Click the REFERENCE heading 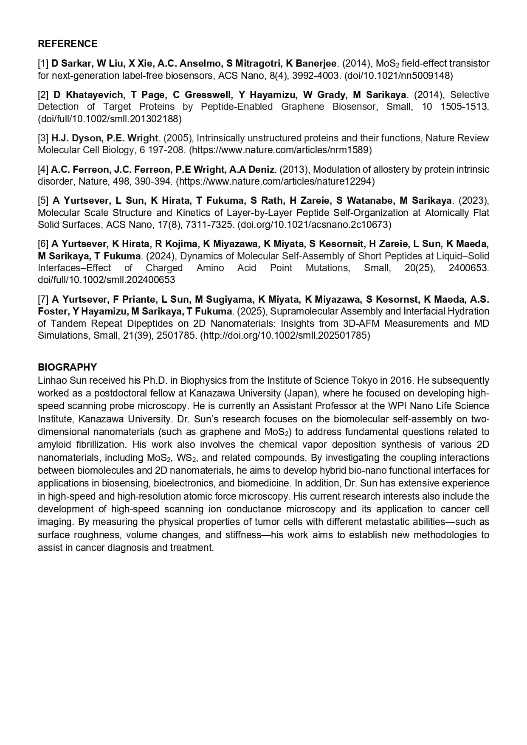click(68, 44)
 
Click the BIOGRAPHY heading click(67, 367)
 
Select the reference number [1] click(43, 64)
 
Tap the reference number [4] click(43, 170)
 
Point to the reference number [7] click(43, 300)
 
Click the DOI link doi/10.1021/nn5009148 click(399, 76)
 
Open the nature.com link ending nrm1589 click(280, 150)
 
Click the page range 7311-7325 click(208, 225)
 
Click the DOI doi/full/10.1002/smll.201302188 click(110, 119)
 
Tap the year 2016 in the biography click(401, 380)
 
